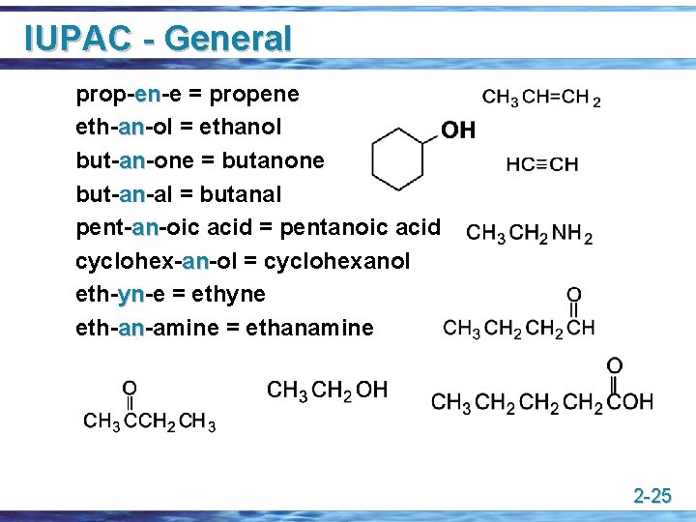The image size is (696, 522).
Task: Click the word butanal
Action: pos(242,194)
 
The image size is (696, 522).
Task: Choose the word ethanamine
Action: pos(309,328)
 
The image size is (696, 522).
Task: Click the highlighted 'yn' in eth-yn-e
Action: pos(131,294)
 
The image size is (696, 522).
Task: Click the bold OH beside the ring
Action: pos(458,130)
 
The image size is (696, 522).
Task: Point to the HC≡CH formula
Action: pos(541,164)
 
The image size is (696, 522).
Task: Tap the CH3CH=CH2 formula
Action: pos(541,98)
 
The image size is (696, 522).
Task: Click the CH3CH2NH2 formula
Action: pos(529,233)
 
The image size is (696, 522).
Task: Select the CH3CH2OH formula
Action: pos(327,391)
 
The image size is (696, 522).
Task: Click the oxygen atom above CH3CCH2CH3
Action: pos(129,389)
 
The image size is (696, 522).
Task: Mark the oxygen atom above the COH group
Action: pos(614,364)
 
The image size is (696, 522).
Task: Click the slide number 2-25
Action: pos(652,497)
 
